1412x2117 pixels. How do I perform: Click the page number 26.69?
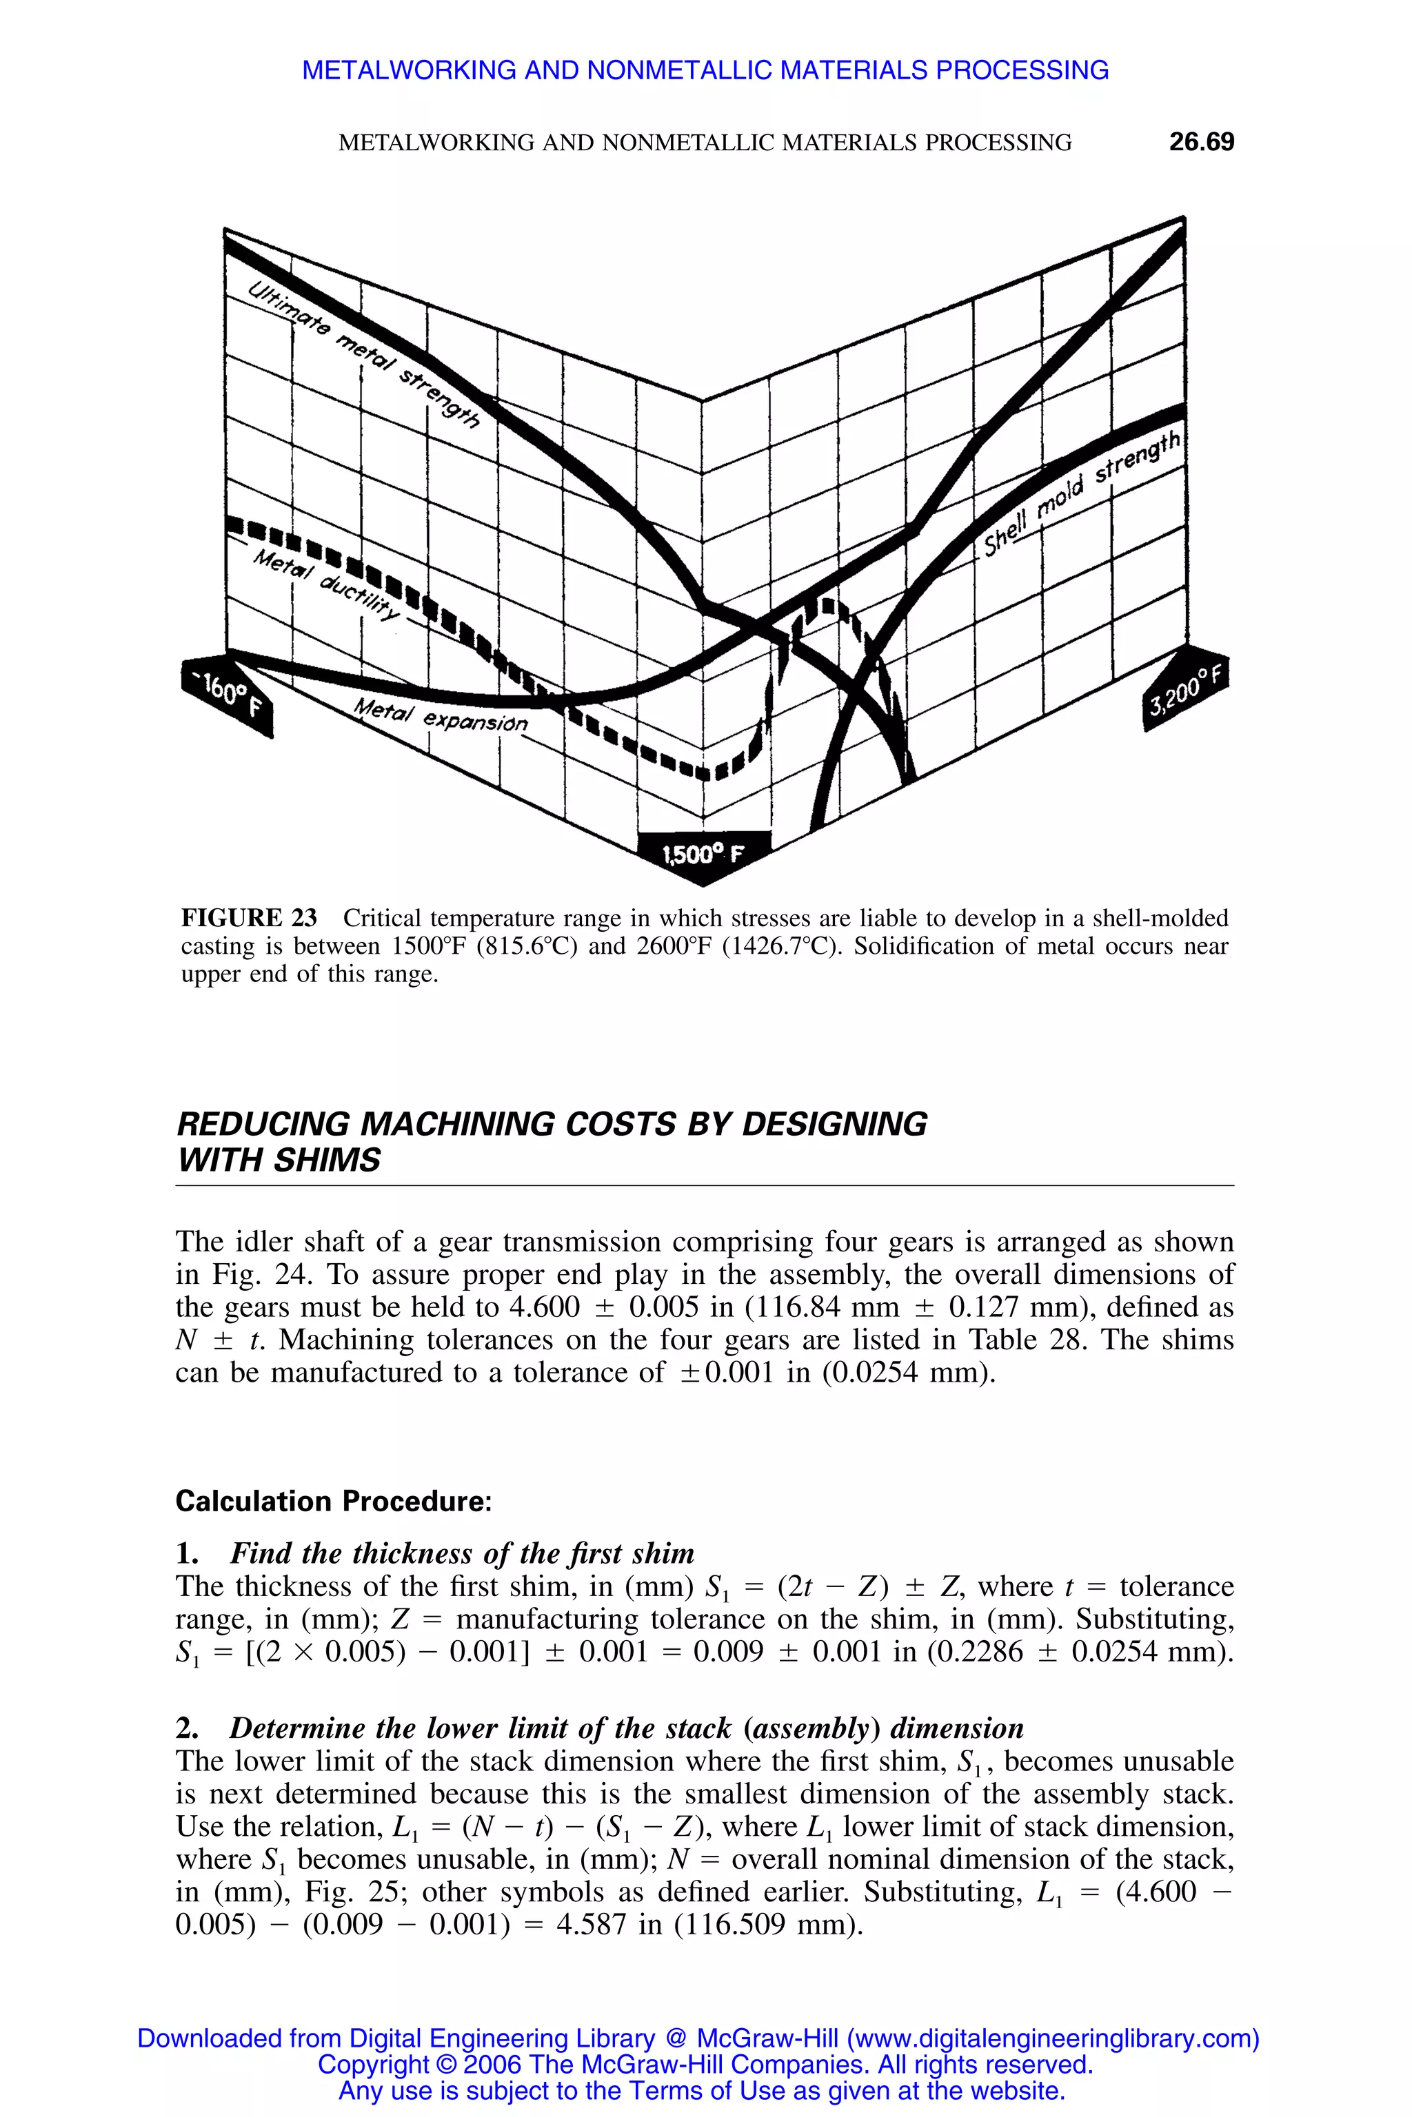coord(1201,142)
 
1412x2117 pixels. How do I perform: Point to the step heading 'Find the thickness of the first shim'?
coord(462,1555)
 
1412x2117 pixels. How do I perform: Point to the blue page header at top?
coord(705,70)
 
